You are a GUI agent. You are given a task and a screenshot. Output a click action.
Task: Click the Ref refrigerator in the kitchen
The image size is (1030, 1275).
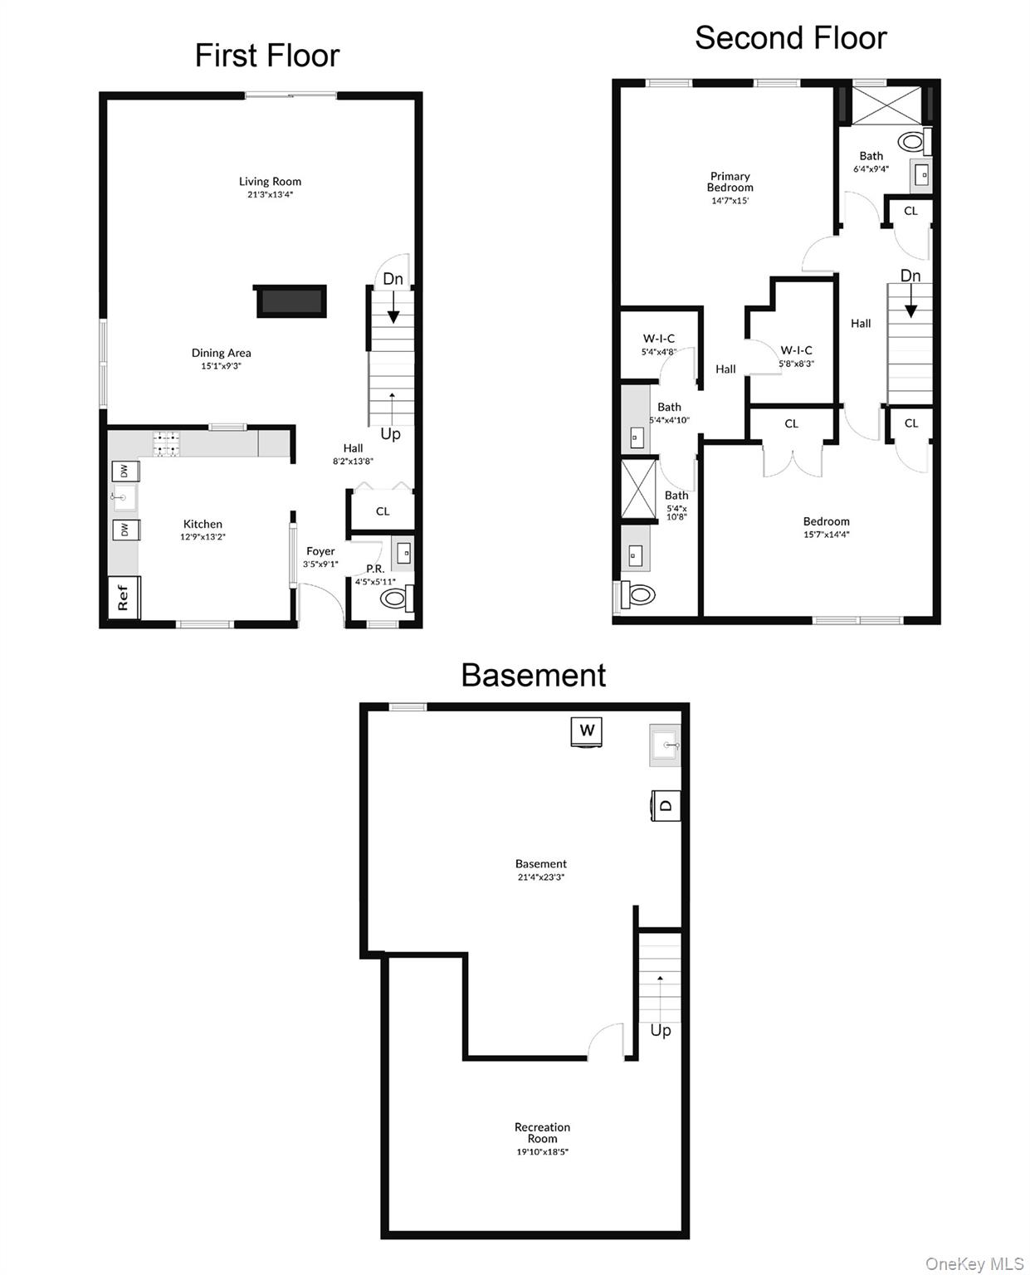124,596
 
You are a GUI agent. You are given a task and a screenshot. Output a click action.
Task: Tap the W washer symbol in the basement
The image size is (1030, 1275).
586,731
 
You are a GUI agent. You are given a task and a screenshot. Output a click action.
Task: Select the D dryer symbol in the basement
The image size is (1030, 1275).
665,805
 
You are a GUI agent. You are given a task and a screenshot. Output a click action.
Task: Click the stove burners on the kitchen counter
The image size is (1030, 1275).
166,443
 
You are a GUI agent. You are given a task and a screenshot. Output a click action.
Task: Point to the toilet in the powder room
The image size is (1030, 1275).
396,598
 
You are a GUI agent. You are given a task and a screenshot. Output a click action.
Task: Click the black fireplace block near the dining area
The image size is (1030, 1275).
290,300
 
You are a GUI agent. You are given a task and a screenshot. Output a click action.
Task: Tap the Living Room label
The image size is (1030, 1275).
270,182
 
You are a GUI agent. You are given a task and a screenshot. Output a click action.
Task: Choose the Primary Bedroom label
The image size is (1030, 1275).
730,182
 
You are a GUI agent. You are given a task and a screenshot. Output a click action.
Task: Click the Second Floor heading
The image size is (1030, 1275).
790,38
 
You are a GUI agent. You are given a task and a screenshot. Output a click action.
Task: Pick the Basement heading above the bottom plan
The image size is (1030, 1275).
533,675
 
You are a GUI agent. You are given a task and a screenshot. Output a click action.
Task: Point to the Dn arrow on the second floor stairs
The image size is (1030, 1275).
910,300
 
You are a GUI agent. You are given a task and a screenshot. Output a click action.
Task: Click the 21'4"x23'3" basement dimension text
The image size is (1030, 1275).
540,877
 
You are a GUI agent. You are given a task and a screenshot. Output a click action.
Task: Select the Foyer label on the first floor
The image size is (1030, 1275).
320,551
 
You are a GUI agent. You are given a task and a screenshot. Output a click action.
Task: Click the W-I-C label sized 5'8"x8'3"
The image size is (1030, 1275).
796,350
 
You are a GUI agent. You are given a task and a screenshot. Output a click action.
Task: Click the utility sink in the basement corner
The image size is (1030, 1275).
665,745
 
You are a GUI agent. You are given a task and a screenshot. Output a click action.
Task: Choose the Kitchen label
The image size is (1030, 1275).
203,524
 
